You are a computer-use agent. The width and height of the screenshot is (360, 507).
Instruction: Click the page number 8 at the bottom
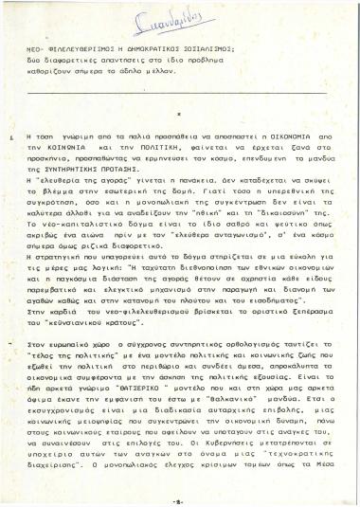tap(178, 497)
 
